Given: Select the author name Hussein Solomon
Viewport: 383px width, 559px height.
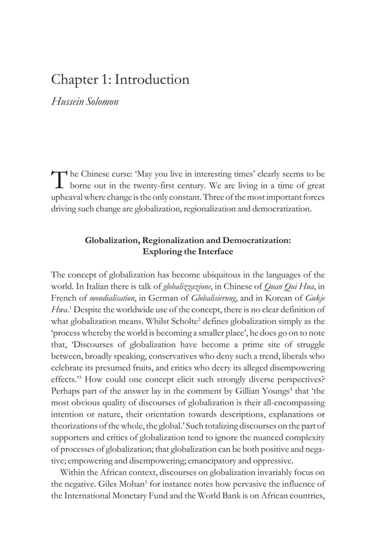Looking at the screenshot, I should tap(85, 101).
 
